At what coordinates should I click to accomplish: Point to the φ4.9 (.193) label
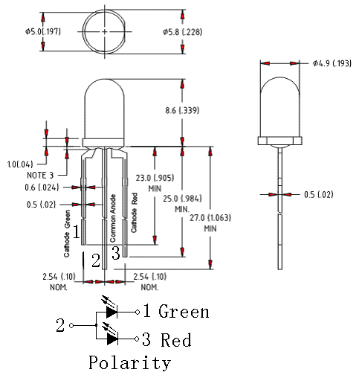click(x=332, y=63)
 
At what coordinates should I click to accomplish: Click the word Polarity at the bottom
click(x=129, y=363)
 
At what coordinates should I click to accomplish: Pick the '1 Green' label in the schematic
click(x=175, y=312)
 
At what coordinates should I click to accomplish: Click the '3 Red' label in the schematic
click(x=167, y=340)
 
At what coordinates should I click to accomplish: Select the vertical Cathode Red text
click(x=135, y=214)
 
